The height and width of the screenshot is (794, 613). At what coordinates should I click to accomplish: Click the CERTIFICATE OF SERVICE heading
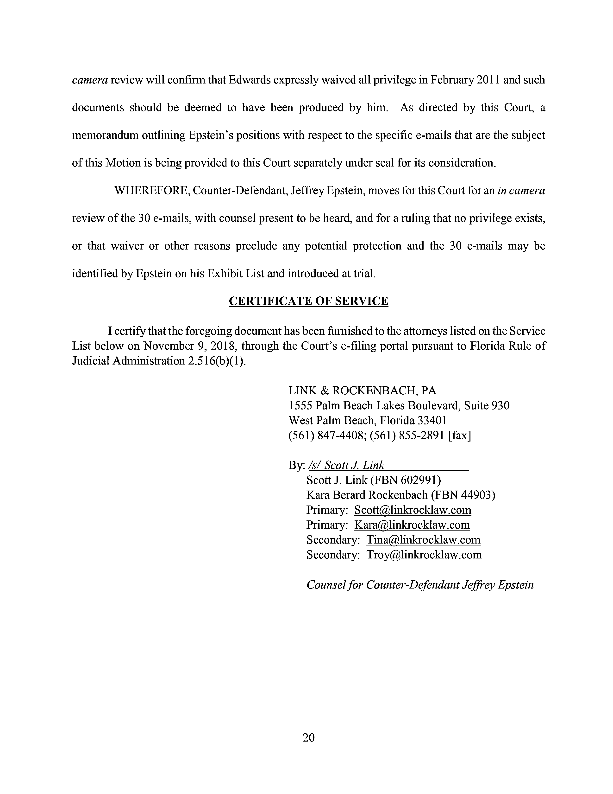308,301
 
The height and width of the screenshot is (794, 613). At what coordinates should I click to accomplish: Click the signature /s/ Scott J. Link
346,465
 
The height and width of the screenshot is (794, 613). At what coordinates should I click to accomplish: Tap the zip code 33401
432,420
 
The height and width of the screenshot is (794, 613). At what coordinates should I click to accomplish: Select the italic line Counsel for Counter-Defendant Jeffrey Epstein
420,585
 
